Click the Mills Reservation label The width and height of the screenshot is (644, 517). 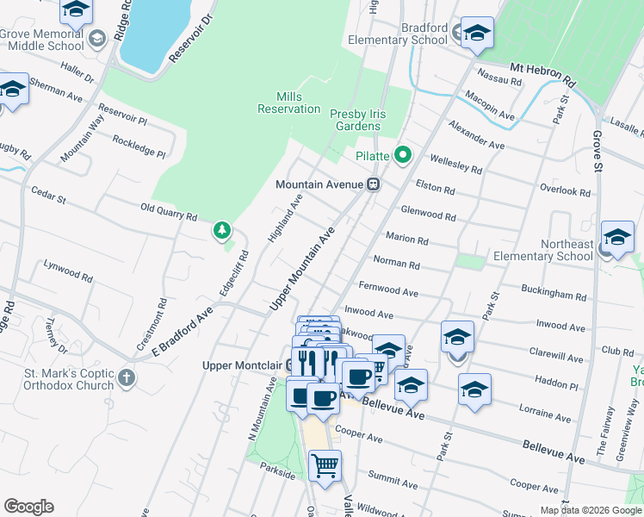pos(288,103)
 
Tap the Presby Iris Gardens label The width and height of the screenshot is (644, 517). pos(356,120)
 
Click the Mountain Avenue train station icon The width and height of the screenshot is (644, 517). pos(374,184)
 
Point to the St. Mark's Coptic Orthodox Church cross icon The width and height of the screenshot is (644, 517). pos(127,377)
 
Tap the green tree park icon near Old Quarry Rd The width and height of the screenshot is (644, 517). pos(222,230)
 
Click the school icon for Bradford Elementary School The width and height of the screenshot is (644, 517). pos(476,33)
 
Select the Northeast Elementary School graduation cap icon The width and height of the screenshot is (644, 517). pos(617,237)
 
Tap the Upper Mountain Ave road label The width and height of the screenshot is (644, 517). pos(301,269)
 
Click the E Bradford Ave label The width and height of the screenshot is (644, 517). pos(182,328)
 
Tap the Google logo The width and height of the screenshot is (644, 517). pos(28,507)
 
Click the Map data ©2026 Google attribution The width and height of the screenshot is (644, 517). pos(590,510)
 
